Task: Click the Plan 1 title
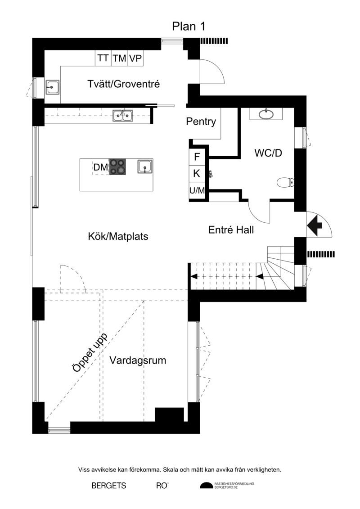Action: (x=189, y=26)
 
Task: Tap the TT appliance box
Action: (x=103, y=58)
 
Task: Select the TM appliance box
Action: (x=119, y=58)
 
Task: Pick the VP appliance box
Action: (x=135, y=58)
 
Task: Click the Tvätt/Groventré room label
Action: (x=124, y=84)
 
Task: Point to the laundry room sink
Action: (x=52, y=87)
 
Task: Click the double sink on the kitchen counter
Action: (x=123, y=116)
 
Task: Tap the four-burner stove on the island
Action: (x=117, y=167)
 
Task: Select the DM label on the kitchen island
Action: (x=101, y=167)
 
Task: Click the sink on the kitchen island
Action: (x=145, y=167)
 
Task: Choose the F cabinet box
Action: (x=197, y=157)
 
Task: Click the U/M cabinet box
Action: (x=197, y=191)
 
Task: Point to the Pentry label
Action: (x=201, y=122)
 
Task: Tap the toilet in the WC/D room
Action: (x=286, y=183)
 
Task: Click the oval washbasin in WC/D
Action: (x=266, y=114)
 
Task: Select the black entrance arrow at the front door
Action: (x=315, y=224)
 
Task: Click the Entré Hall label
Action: (x=231, y=230)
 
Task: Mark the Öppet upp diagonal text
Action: (x=90, y=353)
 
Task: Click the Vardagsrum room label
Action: (x=138, y=360)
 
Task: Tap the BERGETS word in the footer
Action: (x=109, y=486)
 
